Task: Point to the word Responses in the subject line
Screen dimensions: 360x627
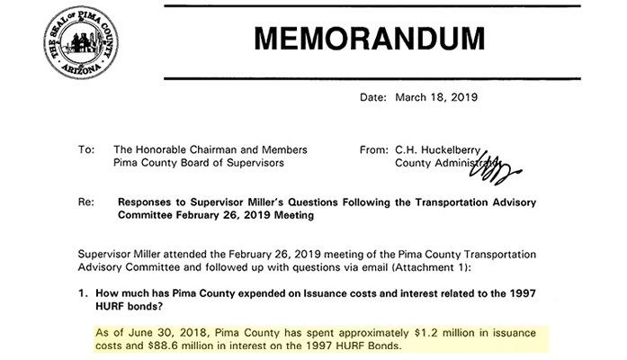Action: point(152,204)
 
